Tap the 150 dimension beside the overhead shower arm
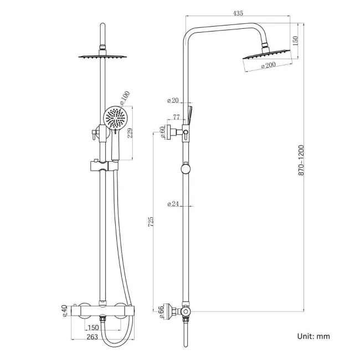(296, 40)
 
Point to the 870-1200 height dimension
(301, 160)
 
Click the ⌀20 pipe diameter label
(173, 101)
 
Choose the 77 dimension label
(177, 117)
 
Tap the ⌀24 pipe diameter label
(173, 204)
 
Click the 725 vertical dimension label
(151, 222)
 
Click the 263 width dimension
(92, 336)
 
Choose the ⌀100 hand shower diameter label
(125, 98)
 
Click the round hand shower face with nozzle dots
(115, 119)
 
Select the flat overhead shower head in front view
(102, 56)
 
